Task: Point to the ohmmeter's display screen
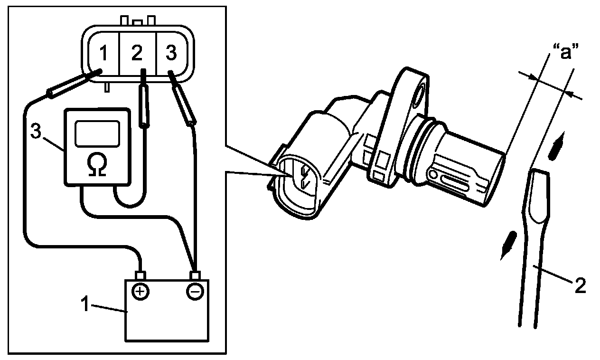coord(97,132)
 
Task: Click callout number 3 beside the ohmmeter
coord(36,132)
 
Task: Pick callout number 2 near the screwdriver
coord(580,285)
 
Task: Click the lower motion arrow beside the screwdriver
coord(506,244)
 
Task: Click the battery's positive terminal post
coord(140,275)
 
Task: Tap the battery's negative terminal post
coord(194,275)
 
